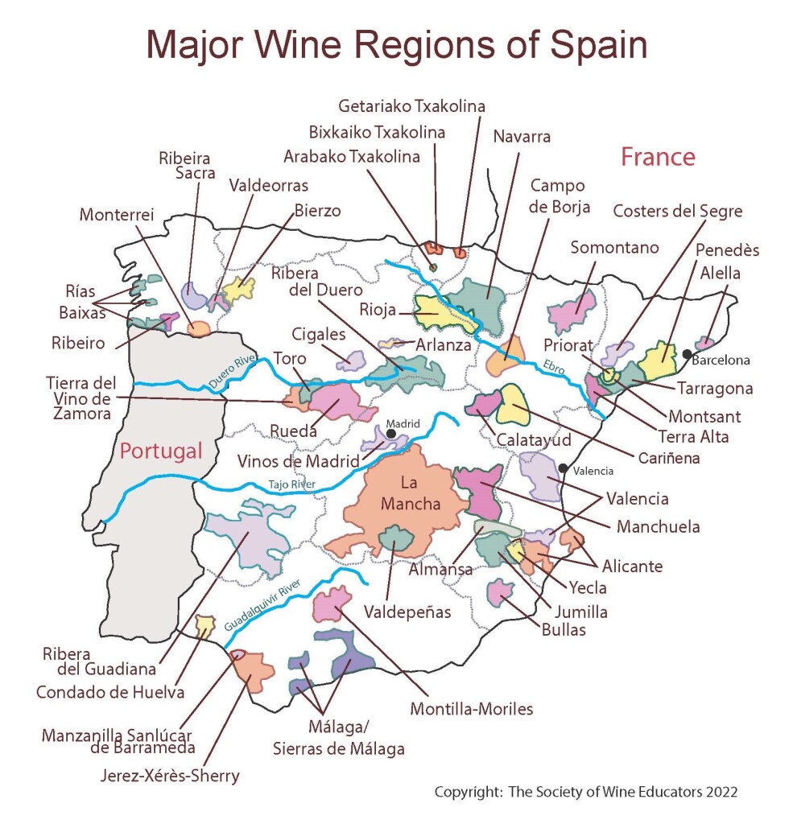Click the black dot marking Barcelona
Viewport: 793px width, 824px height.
coord(687,353)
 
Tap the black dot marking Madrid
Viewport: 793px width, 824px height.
coord(391,434)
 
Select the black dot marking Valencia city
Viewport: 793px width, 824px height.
coord(563,469)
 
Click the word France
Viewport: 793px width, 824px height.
coord(658,156)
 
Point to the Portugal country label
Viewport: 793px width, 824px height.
coord(161,451)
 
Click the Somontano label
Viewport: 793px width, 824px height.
coord(614,248)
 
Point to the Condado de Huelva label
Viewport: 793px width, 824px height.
coord(110,691)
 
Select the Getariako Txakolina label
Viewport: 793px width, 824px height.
coord(411,106)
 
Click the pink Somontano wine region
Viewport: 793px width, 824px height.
coord(571,311)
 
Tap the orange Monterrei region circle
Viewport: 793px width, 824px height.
coord(198,328)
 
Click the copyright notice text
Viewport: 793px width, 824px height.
coord(586,792)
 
